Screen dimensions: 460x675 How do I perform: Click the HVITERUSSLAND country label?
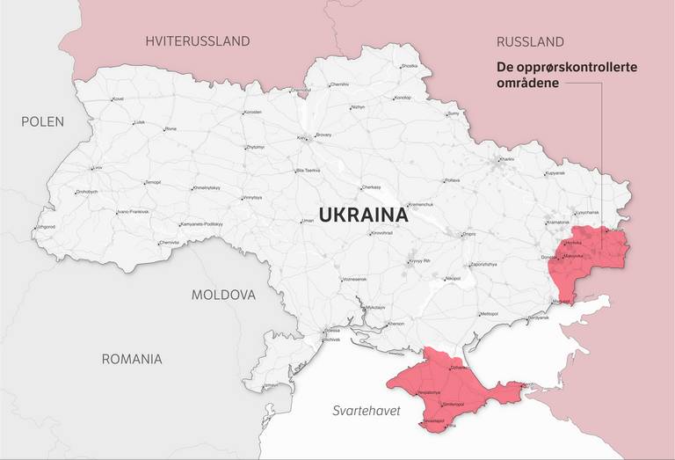point(198,41)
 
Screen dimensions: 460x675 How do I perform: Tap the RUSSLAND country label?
point(530,41)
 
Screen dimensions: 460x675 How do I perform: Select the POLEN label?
point(42,121)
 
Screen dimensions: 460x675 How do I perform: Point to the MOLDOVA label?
point(223,295)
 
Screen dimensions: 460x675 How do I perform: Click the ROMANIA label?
point(132,359)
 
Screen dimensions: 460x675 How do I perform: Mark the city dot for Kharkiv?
point(497,160)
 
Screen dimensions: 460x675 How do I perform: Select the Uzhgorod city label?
point(44,227)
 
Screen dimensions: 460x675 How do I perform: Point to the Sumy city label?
point(454,113)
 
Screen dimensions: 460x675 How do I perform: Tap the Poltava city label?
point(453,180)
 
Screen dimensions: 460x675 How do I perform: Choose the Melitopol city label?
point(490,314)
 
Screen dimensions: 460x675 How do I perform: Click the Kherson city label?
point(396,324)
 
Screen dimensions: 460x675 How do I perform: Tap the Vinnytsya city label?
point(252,197)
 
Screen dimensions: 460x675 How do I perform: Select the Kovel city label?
point(119,99)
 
